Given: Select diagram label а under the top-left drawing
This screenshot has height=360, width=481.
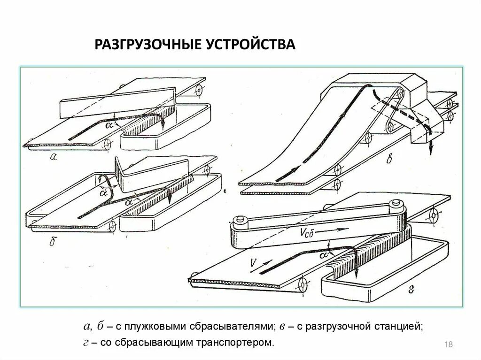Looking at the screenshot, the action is click(x=53, y=158).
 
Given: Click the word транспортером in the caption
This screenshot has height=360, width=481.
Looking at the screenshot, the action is click(x=240, y=343).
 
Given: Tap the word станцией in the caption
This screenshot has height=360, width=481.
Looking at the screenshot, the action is click(x=399, y=326).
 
